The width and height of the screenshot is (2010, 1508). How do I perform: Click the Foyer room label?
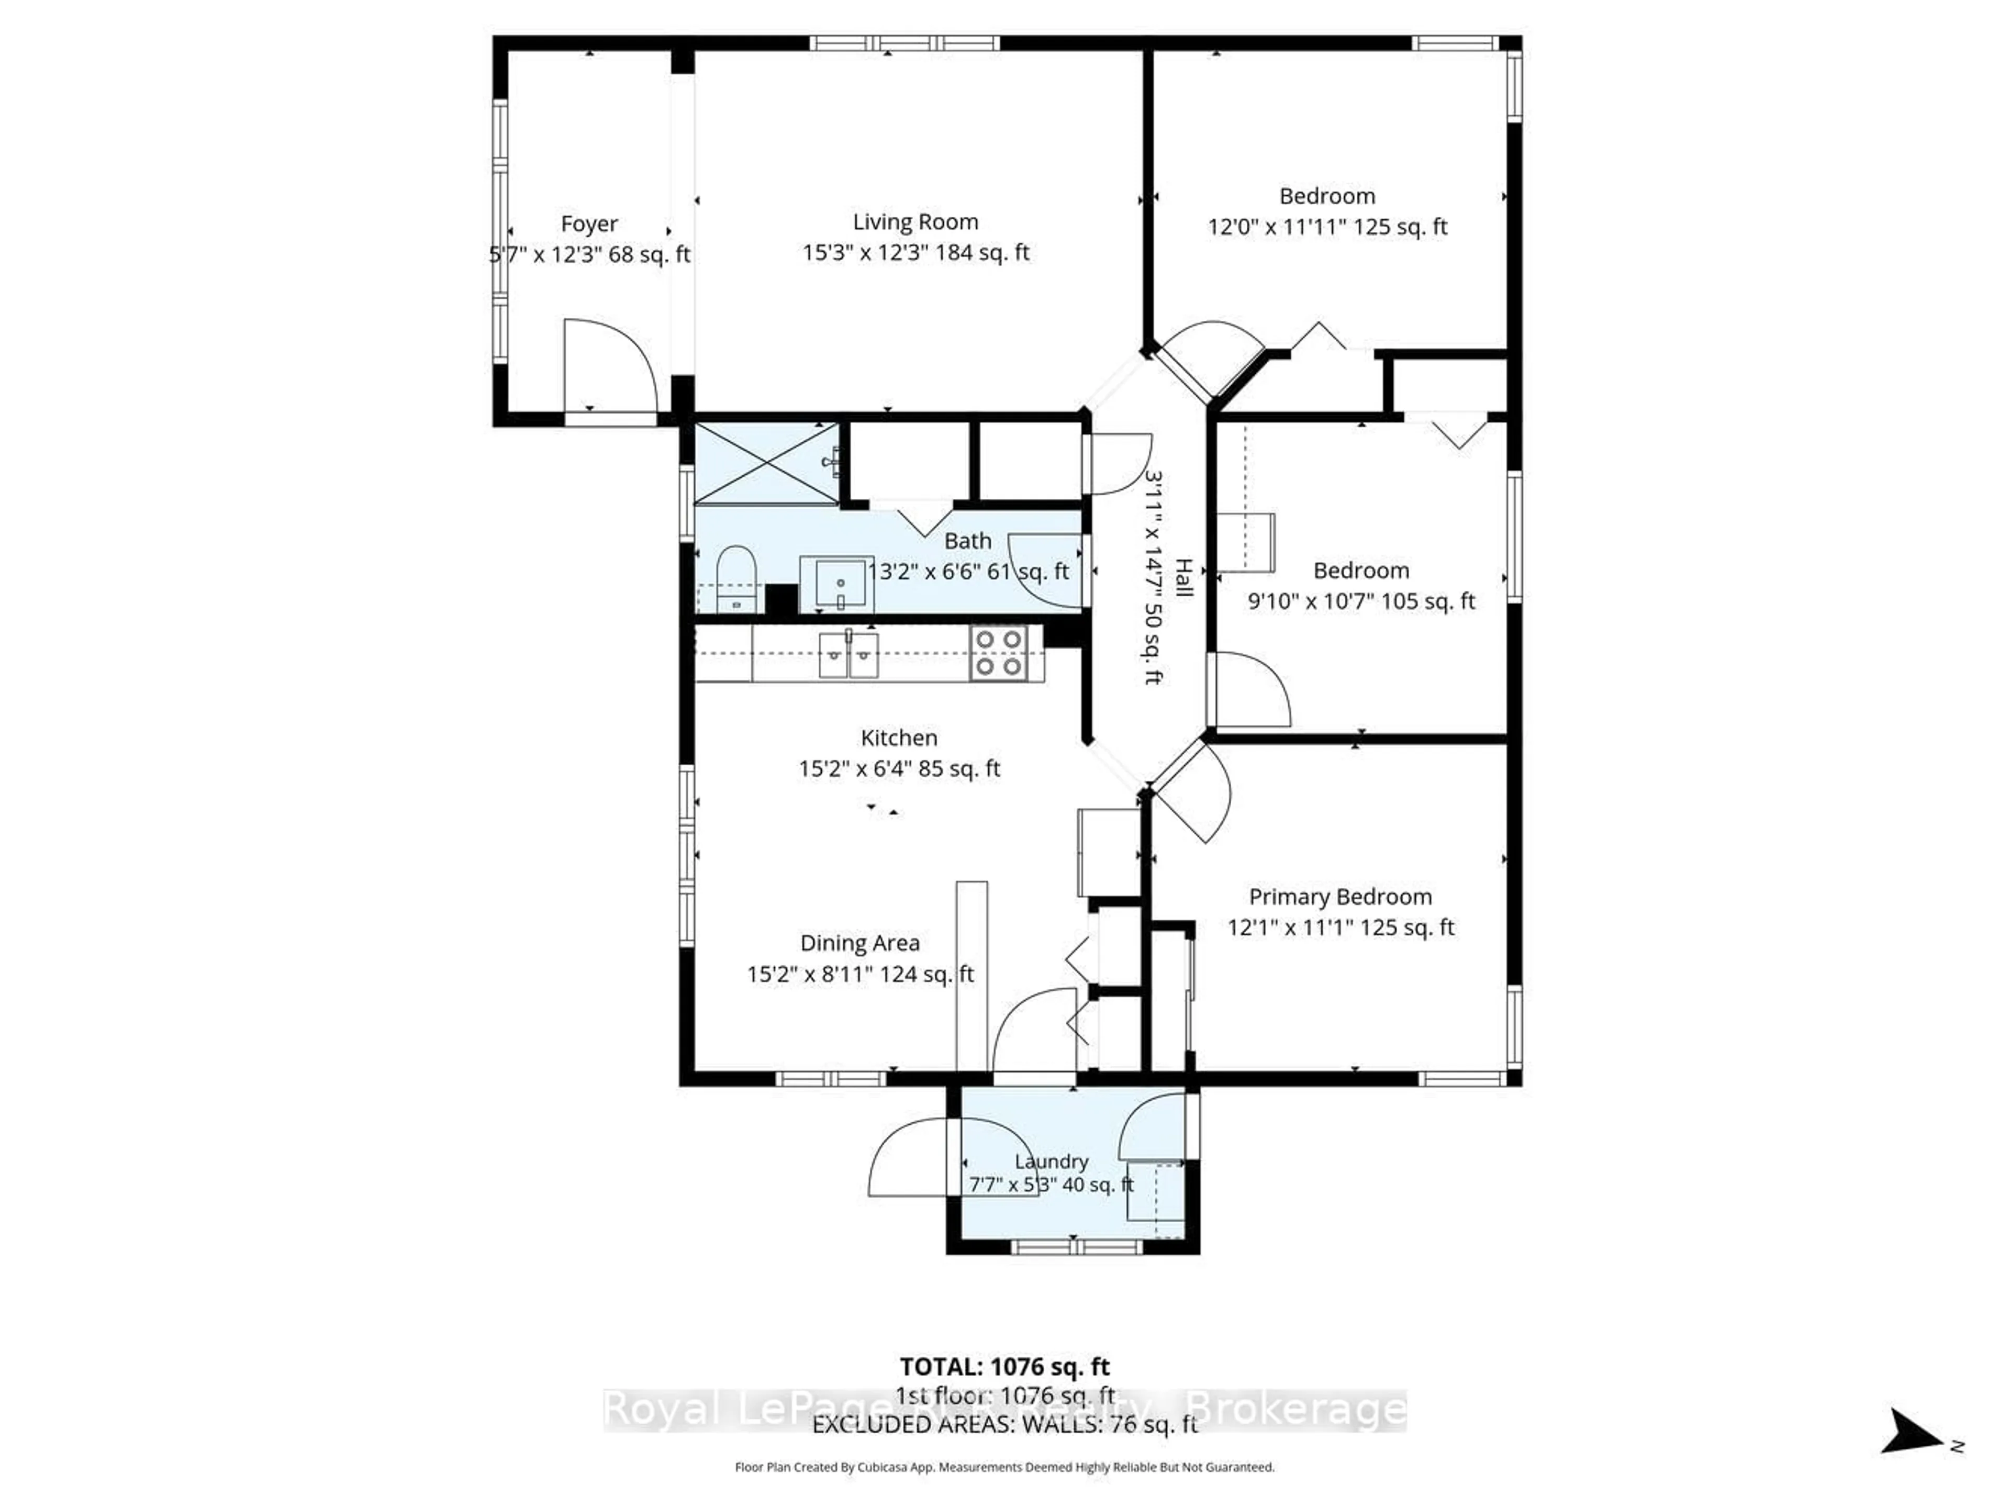click(589, 224)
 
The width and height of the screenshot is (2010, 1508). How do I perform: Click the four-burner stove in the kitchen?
click(998, 653)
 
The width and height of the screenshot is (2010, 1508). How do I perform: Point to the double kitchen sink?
click(848, 655)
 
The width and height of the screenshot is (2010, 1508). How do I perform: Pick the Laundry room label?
click(1052, 1161)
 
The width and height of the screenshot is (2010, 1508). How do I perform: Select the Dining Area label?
click(859, 943)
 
